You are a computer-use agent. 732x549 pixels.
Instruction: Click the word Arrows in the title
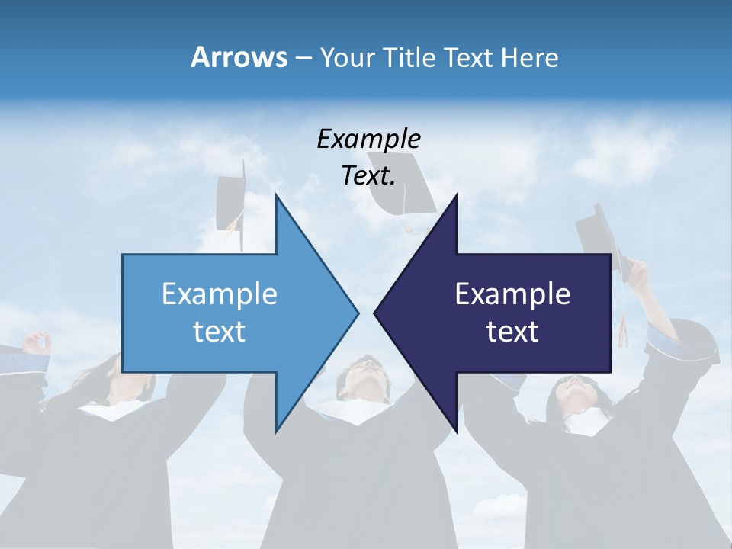[x=238, y=57]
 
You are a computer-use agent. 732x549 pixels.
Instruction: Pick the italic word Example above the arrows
[x=368, y=140]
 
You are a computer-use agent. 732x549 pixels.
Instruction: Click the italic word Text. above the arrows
[x=368, y=176]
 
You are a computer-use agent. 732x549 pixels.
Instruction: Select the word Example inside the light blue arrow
[x=220, y=294]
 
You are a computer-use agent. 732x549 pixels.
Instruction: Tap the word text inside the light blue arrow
[x=220, y=332]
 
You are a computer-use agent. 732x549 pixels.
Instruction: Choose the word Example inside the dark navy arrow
[x=512, y=294]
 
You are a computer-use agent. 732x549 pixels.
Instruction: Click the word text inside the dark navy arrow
[x=512, y=332]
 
